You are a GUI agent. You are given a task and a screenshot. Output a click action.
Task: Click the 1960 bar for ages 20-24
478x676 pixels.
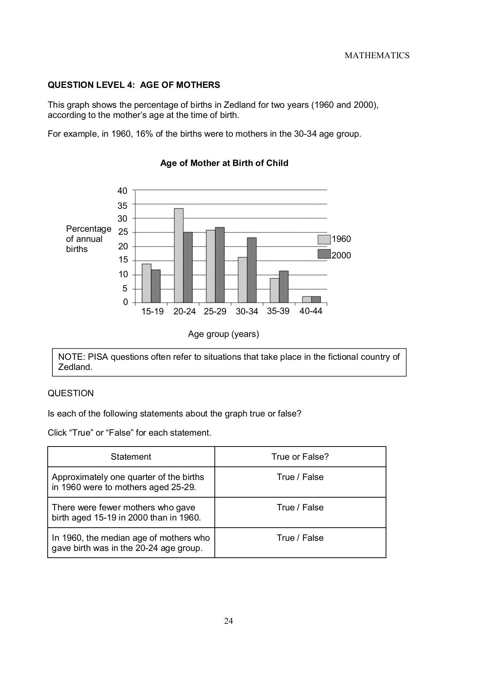[x=179, y=255]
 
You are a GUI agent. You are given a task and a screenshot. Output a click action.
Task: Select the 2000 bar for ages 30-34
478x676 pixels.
[x=252, y=270]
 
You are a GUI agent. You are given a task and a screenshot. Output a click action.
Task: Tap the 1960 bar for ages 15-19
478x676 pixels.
[x=146, y=283]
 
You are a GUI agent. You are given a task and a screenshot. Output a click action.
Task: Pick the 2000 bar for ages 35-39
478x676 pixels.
[x=283, y=287]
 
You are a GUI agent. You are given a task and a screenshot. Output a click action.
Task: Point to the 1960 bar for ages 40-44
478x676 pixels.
[x=307, y=299]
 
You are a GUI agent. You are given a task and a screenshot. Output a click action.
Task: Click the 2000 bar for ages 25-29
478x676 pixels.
[x=220, y=265]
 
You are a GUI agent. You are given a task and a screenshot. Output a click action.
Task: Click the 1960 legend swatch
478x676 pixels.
[x=324, y=240]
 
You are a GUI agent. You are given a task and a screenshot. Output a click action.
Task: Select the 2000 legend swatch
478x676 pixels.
[x=324, y=254]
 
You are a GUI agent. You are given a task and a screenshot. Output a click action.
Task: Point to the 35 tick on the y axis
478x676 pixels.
[x=122, y=205]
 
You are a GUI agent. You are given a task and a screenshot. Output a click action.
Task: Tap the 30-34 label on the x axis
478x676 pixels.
[x=247, y=311]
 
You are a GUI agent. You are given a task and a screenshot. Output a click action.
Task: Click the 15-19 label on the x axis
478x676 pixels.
[x=152, y=311]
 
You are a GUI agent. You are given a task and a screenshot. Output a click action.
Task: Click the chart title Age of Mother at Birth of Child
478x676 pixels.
[x=224, y=163]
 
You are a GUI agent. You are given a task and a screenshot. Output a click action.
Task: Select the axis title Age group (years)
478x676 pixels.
[x=223, y=334]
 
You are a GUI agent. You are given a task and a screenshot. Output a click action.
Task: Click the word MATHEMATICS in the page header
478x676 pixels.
[x=377, y=56]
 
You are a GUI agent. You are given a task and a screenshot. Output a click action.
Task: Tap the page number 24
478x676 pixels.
[x=228, y=621]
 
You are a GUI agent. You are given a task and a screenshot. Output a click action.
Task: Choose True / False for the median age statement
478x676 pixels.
[x=300, y=538]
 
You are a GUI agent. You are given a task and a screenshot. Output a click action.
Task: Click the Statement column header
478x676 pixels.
[x=131, y=457]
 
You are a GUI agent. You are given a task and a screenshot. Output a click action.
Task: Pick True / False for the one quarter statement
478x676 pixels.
[x=300, y=477]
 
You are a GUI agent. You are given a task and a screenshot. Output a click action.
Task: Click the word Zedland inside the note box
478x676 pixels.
[x=75, y=367]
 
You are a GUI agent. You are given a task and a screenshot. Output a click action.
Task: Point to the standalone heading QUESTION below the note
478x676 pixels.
[x=71, y=393]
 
